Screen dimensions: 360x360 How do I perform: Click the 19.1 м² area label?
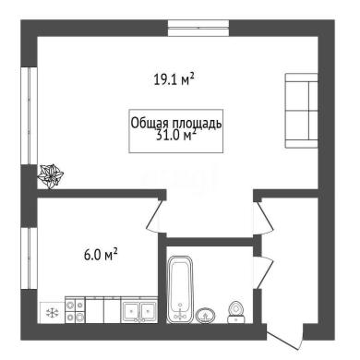coord(174,79)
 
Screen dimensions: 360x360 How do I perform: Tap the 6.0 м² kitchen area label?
coord(101,255)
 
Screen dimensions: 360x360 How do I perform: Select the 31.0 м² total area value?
coord(176,136)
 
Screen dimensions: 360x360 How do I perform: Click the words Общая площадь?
coord(176,123)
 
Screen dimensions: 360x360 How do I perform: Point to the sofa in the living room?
coord(301,111)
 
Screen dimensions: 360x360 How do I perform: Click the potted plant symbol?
coord(50,176)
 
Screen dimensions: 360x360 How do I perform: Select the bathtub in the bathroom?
coord(180,289)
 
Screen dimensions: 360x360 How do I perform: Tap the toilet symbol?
coord(236,312)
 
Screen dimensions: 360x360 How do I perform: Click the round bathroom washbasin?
coord(206,316)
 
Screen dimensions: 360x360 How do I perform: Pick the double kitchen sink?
coord(139,310)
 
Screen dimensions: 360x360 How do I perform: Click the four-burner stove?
coord(75,310)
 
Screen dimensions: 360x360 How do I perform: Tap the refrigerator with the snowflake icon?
coord(53,313)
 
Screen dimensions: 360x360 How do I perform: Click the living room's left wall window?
coord(29,115)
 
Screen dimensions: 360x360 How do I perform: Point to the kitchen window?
coord(29,258)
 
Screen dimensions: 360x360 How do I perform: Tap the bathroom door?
coord(264,272)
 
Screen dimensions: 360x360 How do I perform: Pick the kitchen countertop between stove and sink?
coord(103,310)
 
